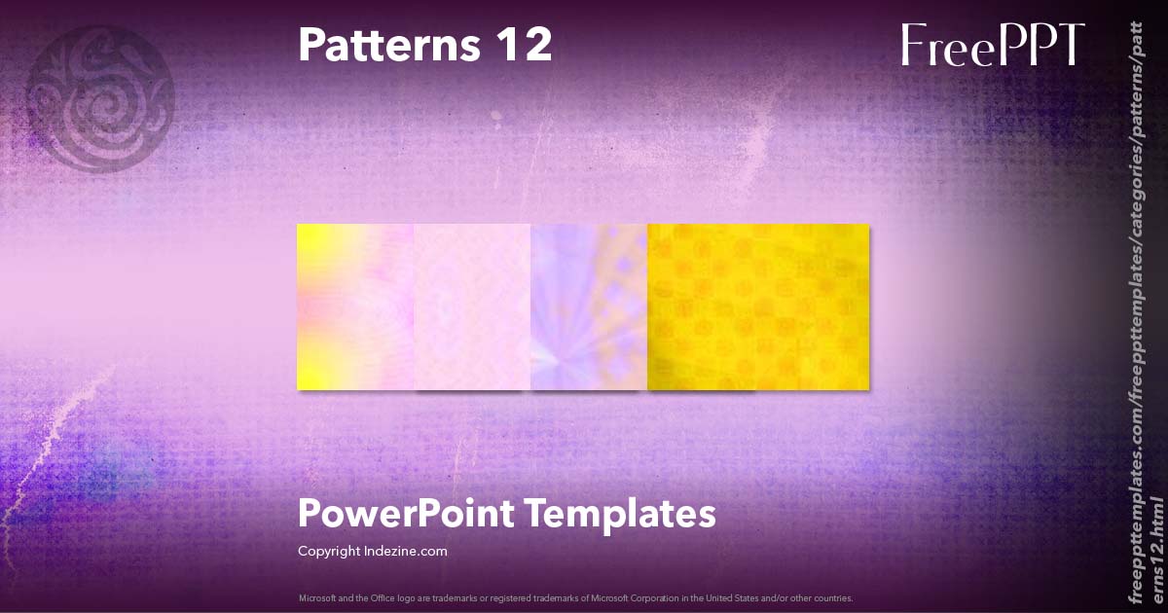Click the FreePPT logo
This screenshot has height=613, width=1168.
(992, 46)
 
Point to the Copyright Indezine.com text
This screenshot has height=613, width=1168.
(372, 551)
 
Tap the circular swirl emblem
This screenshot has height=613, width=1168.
(99, 97)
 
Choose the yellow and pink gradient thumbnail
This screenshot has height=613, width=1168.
(355, 306)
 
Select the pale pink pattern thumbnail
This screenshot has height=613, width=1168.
(472, 306)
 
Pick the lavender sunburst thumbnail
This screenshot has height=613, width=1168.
(589, 306)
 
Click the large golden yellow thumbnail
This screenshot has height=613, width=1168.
(758, 306)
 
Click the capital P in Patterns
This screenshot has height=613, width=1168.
(310, 45)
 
